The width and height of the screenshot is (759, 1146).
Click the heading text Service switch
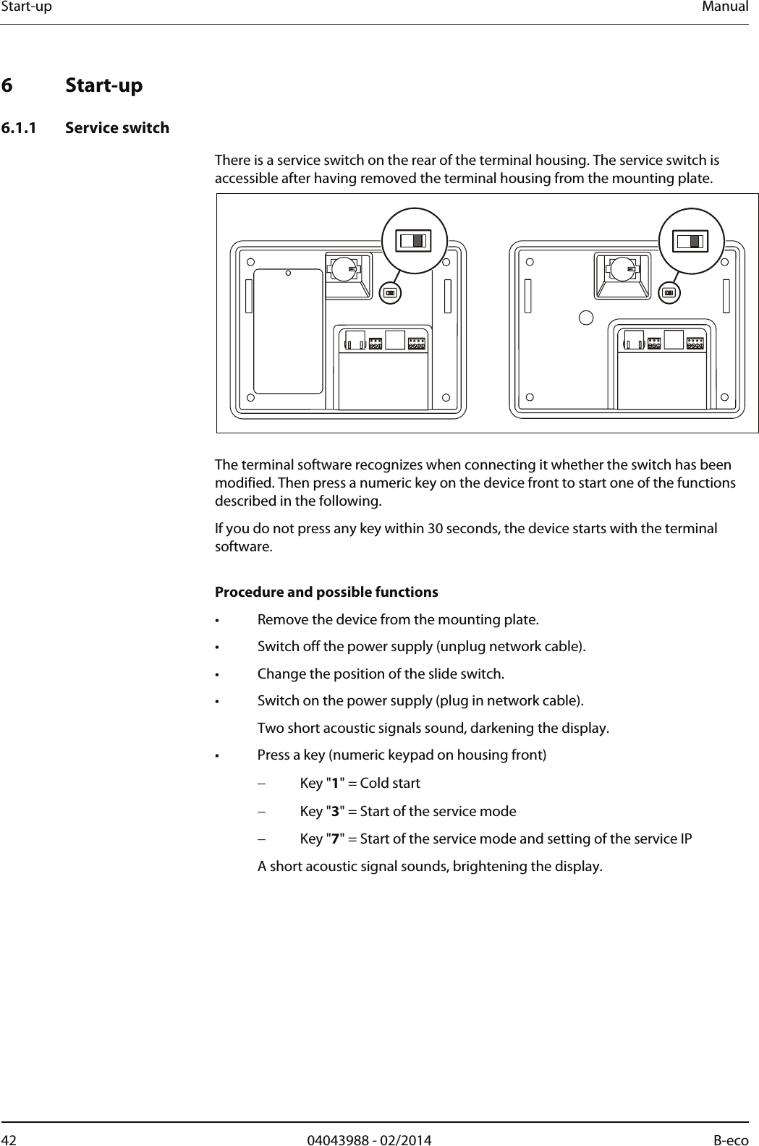(x=117, y=128)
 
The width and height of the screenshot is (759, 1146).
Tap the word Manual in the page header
(x=728, y=7)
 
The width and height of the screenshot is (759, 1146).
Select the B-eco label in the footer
(x=731, y=1140)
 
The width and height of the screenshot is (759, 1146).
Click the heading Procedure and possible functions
(x=326, y=593)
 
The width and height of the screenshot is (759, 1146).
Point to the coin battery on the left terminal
(x=344, y=268)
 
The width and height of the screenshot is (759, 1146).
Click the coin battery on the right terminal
(x=622, y=268)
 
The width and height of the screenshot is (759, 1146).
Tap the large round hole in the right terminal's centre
(x=587, y=317)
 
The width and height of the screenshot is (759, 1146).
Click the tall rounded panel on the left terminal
(x=288, y=331)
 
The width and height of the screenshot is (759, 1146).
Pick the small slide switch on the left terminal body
(x=390, y=292)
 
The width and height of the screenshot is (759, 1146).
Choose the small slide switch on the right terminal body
(x=669, y=292)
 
